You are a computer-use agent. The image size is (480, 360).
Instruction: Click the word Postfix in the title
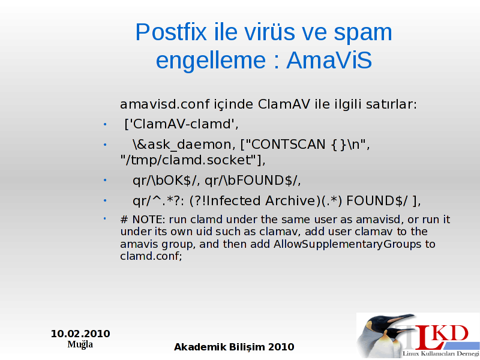[x=171, y=32]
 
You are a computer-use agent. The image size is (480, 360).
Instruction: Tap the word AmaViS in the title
[x=329, y=60]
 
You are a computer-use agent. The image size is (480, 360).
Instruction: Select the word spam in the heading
[x=362, y=33]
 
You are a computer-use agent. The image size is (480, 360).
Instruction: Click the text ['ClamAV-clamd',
[x=181, y=124]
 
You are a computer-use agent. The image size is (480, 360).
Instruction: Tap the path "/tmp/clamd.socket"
[x=192, y=160]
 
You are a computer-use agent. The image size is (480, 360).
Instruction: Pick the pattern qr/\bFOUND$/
[x=253, y=181]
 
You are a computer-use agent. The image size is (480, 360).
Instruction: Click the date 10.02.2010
[x=80, y=334]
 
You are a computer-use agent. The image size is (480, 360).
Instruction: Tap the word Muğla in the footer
[x=80, y=344]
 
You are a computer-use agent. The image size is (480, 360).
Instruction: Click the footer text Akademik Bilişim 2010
[x=234, y=347]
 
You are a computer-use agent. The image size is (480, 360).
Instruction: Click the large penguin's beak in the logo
[x=400, y=319]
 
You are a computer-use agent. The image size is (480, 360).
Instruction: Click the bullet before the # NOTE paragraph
[x=104, y=218]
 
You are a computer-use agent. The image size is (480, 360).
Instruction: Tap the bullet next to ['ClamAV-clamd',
[x=105, y=125]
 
